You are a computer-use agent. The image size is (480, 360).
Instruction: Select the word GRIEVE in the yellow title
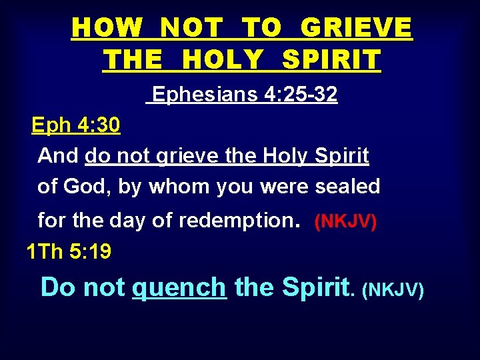point(356,29)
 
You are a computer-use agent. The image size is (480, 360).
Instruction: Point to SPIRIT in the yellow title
point(331,60)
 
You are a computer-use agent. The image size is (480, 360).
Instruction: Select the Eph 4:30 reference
point(76,125)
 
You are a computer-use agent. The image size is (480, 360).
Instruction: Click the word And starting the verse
point(58,155)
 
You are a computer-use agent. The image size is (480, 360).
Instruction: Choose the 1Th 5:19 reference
point(69,252)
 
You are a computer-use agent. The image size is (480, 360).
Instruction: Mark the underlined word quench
point(179,287)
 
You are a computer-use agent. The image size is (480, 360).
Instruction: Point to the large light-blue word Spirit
point(315,287)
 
